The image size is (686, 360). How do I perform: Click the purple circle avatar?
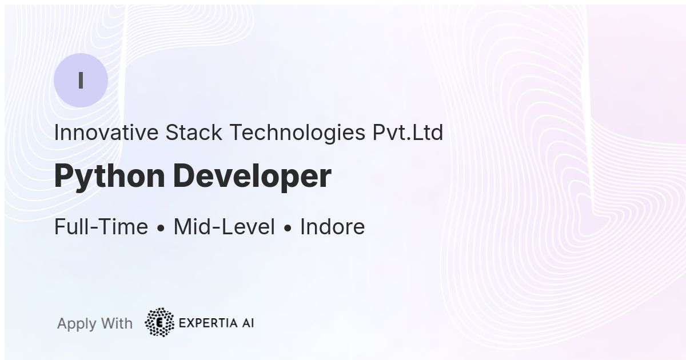click(x=81, y=80)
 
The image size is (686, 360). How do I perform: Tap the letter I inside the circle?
click(x=81, y=80)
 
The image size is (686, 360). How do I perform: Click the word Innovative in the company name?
click(x=106, y=133)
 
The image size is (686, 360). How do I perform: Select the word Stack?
click(x=194, y=133)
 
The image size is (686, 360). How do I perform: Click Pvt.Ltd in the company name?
click(x=408, y=133)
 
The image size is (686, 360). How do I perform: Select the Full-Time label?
click(x=101, y=226)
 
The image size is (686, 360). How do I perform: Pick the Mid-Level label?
click(x=224, y=226)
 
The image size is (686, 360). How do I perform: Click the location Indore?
click(x=333, y=226)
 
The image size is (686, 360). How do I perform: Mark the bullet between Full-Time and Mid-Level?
click(x=161, y=228)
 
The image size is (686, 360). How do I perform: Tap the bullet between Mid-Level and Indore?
click(x=288, y=228)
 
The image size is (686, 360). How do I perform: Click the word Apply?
click(x=77, y=324)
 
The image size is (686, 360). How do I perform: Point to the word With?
click(x=117, y=323)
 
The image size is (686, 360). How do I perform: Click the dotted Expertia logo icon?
click(x=159, y=322)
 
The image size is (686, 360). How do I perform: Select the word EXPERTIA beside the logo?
click(x=208, y=323)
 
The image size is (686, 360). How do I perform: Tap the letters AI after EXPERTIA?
click(x=248, y=323)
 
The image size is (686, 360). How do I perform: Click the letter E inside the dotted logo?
click(x=159, y=323)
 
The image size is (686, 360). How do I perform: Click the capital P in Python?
click(x=63, y=175)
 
